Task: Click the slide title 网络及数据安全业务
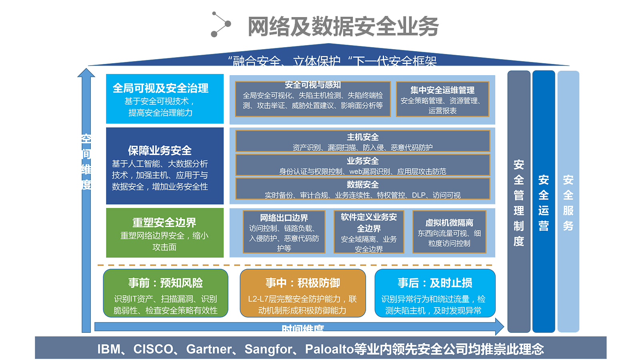[x=343, y=26]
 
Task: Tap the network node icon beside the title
[x=220, y=24]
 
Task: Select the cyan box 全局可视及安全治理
[x=164, y=99]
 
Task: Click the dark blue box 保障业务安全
[x=164, y=166]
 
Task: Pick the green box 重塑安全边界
[x=164, y=233]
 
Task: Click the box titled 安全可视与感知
[x=312, y=99]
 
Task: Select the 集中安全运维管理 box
[x=442, y=99]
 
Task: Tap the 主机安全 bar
[x=362, y=141]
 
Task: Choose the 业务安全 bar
[x=362, y=165]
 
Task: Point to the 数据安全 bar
[x=362, y=189]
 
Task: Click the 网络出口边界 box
[x=284, y=232]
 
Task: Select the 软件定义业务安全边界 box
[x=369, y=232]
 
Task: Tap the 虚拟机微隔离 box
[x=449, y=232]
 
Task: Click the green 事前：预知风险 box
[x=166, y=293]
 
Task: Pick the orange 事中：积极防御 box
[x=303, y=293]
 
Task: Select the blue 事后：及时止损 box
[x=435, y=293]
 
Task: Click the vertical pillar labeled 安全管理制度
[x=519, y=202]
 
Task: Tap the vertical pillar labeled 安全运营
[x=544, y=202]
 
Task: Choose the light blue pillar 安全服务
[x=568, y=202]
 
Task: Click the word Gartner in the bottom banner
[x=208, y=349]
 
